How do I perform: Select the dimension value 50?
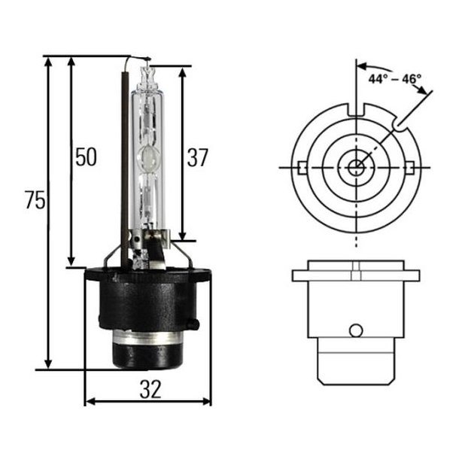(x=85, y=157)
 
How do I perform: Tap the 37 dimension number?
(x=197, y=157)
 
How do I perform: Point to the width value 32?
(x=150, y=389)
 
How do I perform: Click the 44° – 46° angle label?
(x=394, y=78)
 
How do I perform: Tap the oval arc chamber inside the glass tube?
(x=149, y=159)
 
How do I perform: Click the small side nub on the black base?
(x=194, y=324)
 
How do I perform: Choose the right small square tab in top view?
(x=408, y=166)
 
